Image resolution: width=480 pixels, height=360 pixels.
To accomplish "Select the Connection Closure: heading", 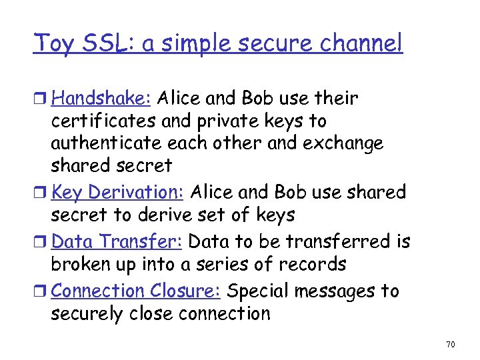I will (x=137, y=291).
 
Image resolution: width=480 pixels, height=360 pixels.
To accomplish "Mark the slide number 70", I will (x=450, y=345).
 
